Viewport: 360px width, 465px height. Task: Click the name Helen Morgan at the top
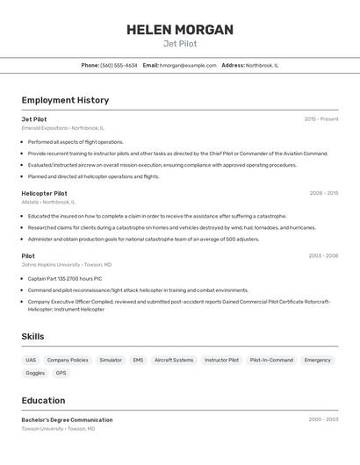180,30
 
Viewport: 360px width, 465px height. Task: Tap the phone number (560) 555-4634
119,65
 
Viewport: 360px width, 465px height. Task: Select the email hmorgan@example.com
188,65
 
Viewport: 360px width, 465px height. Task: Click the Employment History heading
65,100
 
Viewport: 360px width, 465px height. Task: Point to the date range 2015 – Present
320,118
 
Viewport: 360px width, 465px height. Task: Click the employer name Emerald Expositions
44,128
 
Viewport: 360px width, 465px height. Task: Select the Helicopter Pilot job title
44,193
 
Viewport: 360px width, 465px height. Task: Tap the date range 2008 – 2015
323,193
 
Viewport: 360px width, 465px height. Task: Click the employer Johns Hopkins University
51,264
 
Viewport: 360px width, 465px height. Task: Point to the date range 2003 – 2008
323,255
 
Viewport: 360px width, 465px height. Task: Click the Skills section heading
33,336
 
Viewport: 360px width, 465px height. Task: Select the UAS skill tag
31,360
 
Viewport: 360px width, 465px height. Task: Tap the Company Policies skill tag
68,360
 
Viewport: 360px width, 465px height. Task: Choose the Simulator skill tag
111,360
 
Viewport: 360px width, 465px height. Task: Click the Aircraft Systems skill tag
174,360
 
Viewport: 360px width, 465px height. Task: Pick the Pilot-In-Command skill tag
271,360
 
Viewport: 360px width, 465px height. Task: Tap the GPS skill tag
61,373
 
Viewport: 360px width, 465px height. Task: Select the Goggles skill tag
35,373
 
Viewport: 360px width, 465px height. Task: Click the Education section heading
43,400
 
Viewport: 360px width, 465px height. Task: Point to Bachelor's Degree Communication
67,419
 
